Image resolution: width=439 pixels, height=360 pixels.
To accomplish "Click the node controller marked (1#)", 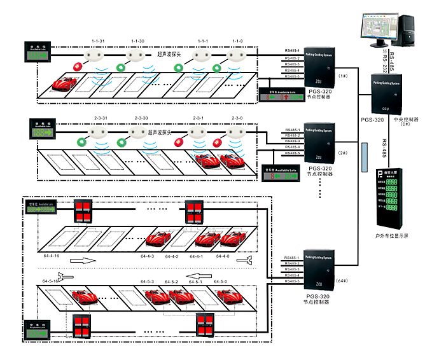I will pyautogui.click(x=321, y=67).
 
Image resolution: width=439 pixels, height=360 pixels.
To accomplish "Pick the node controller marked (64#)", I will pyautogui.click(x=321, y=273).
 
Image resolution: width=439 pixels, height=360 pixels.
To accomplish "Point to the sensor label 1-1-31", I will pyautogui.click(x=98, y=41).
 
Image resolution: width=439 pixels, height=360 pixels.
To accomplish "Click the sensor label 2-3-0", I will pyautogui.click(x=237, y=118).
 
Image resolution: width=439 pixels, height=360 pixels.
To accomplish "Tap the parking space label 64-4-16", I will pyautogui.click(x=52, y=256).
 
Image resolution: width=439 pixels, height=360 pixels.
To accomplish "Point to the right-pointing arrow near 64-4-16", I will pyautogui.click(x=81, y=261).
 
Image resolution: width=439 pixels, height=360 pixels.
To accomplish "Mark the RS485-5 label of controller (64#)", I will pyautogui.click(x=292, y=280).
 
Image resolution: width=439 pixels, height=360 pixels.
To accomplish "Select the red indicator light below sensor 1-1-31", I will pyautogui.click(x=79, y=66).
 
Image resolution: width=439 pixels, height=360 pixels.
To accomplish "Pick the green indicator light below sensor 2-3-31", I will pyautogui.click(x=81, y=141).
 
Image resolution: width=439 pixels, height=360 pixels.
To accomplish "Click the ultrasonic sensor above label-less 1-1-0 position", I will pyautogui.click(x=236, y=57).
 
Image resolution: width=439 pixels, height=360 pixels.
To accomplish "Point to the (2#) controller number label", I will pyautogui.click(x=343, y=153).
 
